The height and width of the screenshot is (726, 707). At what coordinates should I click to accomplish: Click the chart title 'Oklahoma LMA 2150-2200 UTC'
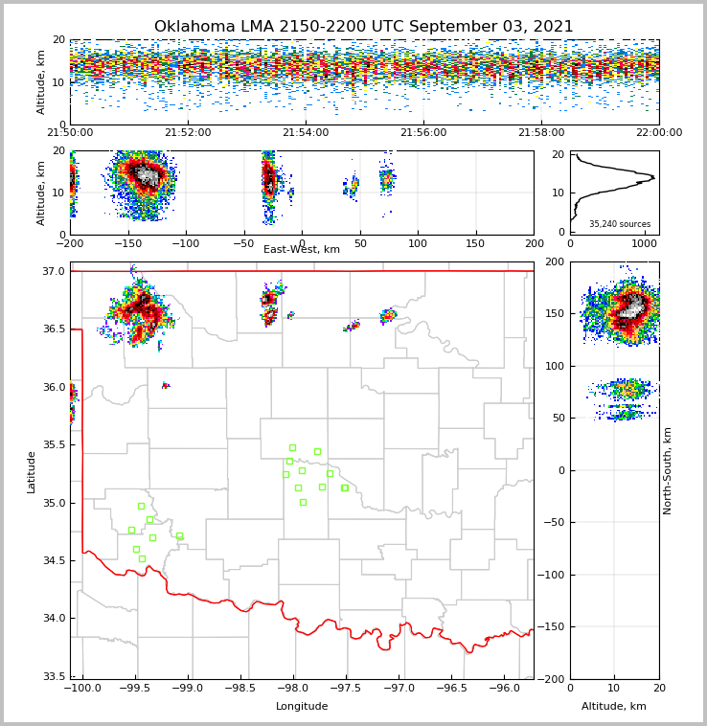pos(363,27)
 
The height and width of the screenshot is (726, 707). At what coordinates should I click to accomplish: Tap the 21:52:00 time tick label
pos(188,133)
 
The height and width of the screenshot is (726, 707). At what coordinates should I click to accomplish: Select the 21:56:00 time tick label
pos(423,133)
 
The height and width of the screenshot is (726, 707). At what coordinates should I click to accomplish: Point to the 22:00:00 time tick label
pos(658,133)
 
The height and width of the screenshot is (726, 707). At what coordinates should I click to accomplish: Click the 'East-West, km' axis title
pos(302,250)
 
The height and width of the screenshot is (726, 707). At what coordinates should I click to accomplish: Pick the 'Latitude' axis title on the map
pos(32,471)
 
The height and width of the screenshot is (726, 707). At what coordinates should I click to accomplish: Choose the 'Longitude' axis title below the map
pos(302,707)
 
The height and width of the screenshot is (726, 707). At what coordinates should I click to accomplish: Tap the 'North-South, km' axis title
pos(668,470)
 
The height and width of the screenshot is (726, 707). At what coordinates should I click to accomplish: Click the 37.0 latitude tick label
pos(53,272)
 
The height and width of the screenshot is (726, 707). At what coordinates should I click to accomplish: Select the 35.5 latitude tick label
pos(53,445)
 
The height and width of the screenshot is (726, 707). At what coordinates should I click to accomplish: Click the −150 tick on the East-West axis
pos(128,243)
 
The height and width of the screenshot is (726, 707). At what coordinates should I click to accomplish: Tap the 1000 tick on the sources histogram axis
pos(643,243)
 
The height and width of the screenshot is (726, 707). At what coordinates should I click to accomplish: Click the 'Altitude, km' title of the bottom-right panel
pos(614,707)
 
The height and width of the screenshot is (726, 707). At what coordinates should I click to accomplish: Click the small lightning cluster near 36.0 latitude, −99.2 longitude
pos(166,385)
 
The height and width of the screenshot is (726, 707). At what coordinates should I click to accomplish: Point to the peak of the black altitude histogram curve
pos(653,177)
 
